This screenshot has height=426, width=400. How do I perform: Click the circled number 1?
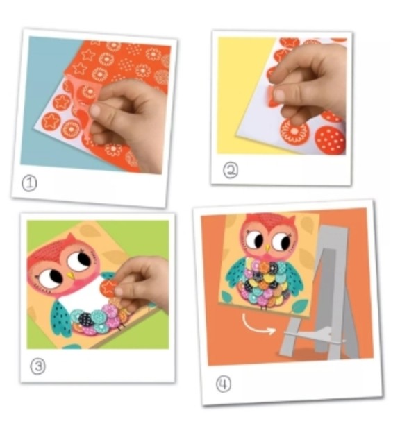tap(29, 183)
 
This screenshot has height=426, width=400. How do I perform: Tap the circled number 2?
tap(231, 170)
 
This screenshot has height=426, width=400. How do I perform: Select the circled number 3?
tap(37, 366)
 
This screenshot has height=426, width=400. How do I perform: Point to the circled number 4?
tap(223, 384)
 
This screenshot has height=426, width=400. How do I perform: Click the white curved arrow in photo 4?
tap(255, 327)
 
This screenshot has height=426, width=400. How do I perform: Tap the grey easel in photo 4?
tap(321, 293)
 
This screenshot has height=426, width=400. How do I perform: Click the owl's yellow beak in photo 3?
tap(71, 275)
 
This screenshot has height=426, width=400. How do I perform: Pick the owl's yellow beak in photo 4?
tap(268, 248)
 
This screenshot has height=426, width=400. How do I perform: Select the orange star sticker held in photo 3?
tap(108, 288)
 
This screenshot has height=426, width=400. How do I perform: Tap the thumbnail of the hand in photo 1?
tap(95, 110)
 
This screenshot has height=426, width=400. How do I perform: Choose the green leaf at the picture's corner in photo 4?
tap(300, 306)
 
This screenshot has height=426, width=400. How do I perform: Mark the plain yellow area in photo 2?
tap(242, 92)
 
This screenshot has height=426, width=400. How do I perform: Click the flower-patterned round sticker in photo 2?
tap(294, 132)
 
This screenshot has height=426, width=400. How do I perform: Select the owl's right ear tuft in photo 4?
tap(290, 219)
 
